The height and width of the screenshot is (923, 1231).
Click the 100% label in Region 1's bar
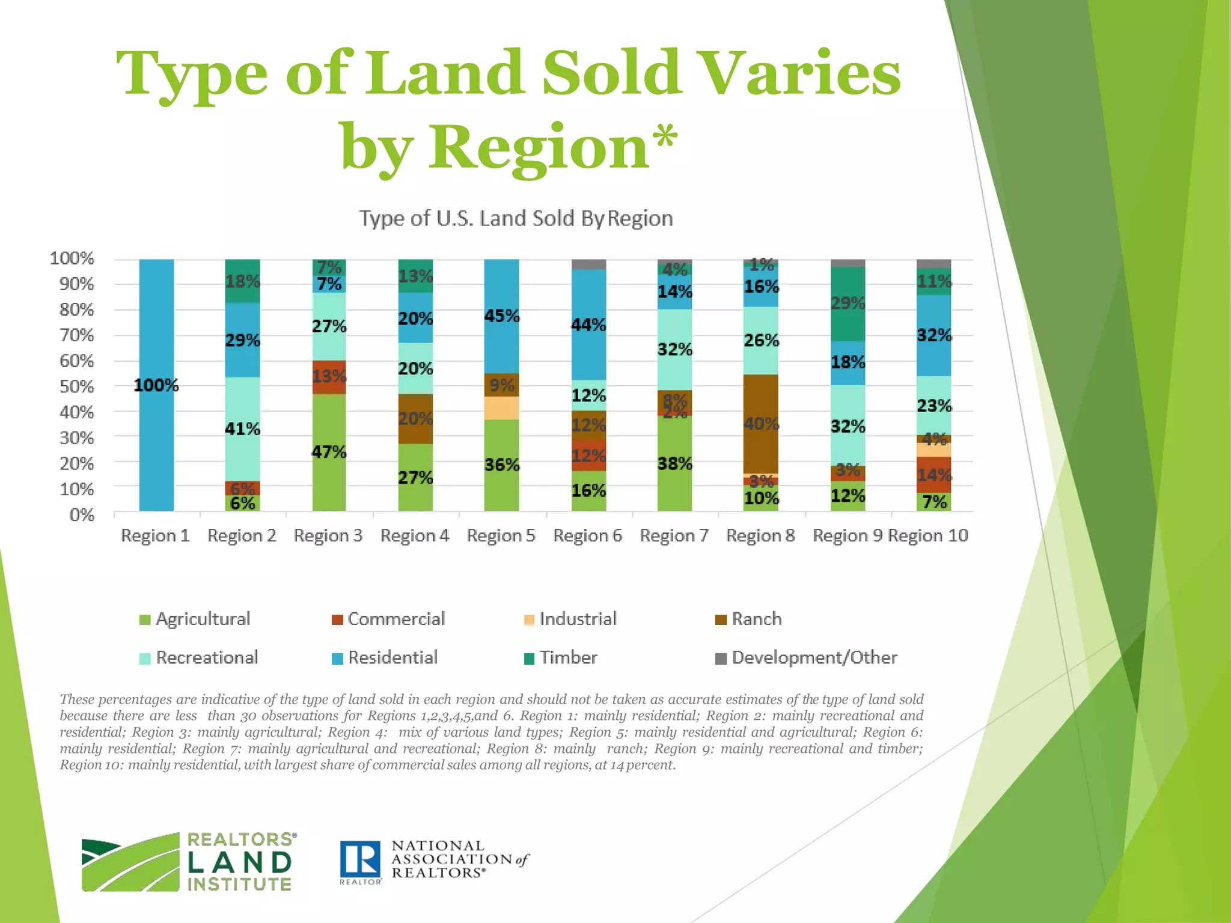[156, 385]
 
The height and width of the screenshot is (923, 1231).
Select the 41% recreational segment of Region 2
[242, 429]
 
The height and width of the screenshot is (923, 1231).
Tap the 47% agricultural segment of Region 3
[329, 452]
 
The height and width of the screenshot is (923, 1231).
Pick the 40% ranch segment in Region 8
[761, 424]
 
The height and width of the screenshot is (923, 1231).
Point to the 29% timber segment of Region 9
[848, 303]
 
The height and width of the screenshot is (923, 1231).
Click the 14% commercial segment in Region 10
[933, 475]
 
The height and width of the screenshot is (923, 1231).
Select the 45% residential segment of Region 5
[502, 316]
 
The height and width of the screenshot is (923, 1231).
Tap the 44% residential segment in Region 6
[588, 325]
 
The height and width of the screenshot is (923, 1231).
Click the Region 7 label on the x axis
[674, 535]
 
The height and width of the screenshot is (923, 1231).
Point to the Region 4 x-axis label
[415, 535]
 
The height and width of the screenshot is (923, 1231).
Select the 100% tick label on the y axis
[72, 258]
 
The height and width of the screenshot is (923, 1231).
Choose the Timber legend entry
[568, 657]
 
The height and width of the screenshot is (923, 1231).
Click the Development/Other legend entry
[814, 657]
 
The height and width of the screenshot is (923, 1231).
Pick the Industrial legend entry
[578, 619]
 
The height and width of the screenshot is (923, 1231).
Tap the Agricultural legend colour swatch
[145, 620]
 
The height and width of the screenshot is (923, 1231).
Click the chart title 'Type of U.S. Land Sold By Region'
[516, 218]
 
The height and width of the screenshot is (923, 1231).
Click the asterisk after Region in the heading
[665, 136]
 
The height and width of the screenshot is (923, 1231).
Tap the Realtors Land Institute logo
[188, 862]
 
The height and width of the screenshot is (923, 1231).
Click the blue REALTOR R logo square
[360, 859]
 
